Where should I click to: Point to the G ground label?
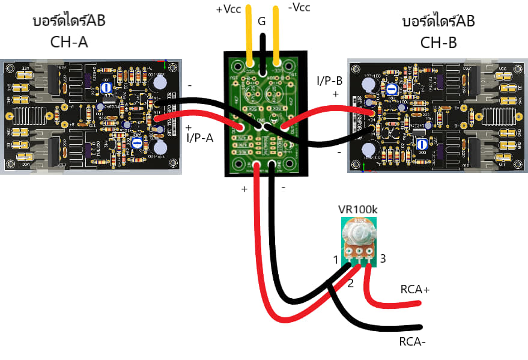click(261, 22)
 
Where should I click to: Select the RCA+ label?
click(416, 290)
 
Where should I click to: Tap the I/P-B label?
click(330, 80)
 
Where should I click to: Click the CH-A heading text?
click(69, 43)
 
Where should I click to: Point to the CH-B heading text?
click(438, 43)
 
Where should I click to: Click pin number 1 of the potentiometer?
click(336, 260)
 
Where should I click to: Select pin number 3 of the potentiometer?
click(382, 258)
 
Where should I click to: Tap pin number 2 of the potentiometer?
click(350, 283)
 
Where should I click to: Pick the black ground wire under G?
click(262, 48)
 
